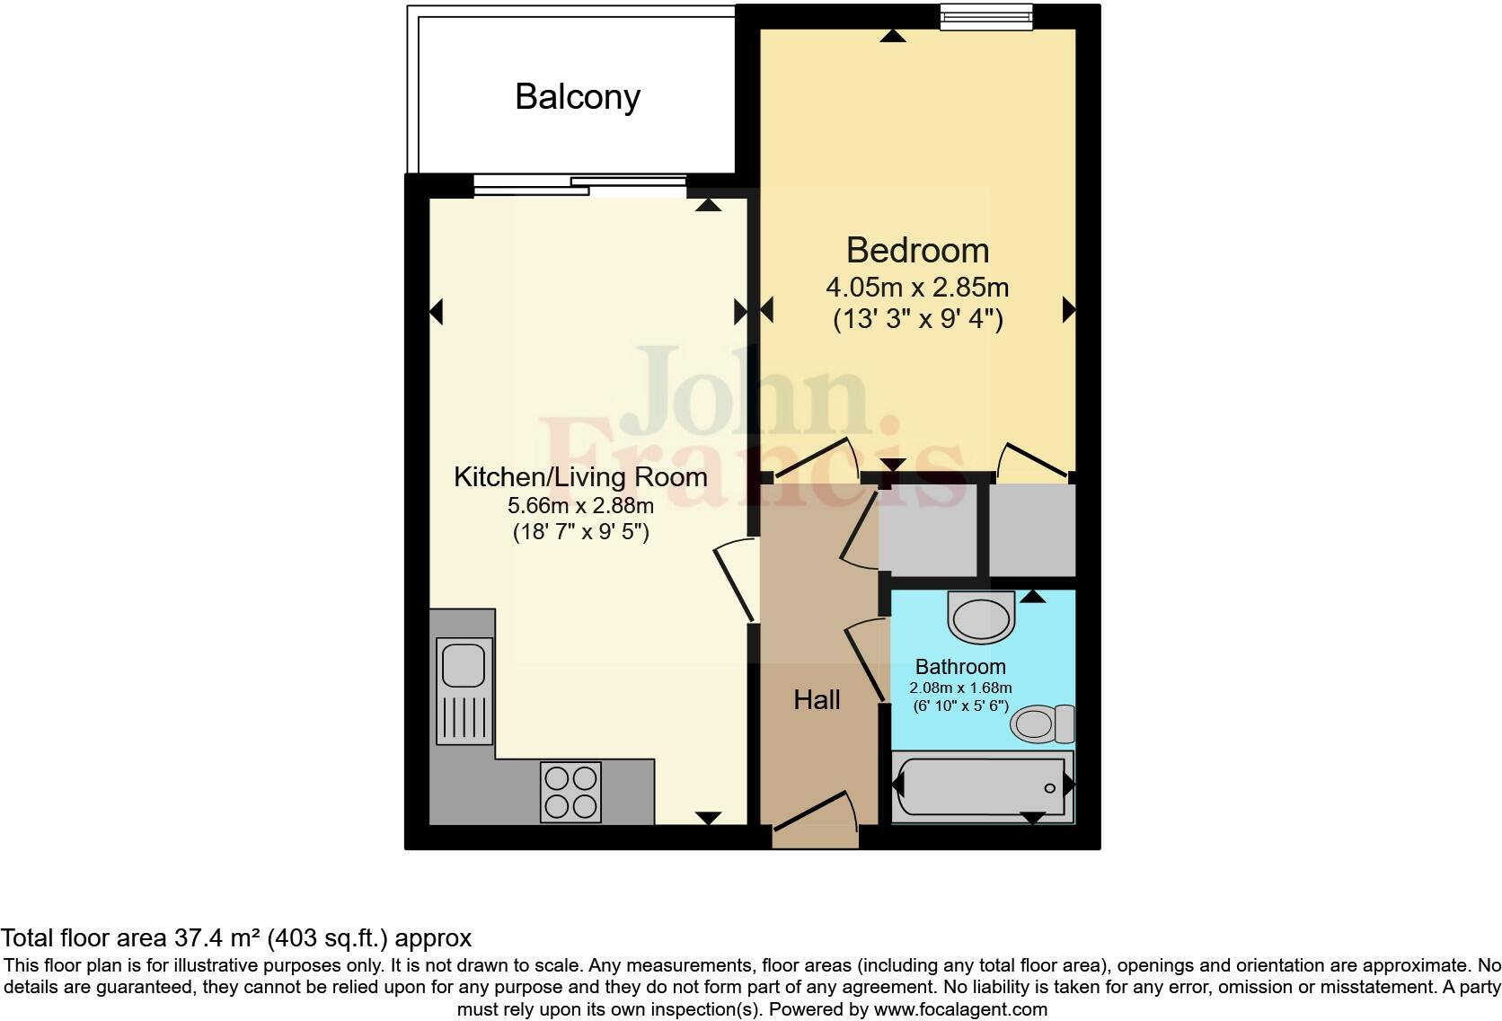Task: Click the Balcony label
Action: pos(577,96)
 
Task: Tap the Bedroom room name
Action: pos(917,250)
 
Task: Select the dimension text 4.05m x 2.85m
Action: pos(917,288)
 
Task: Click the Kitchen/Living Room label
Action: pos(580,476)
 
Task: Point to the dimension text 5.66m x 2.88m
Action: pos(580,505)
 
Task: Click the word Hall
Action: pos(817,700)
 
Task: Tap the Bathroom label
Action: pos(960,667)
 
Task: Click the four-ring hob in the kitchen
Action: pos(570,792)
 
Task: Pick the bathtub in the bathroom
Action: pos(981,787)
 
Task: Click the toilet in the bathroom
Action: pos(1041,724)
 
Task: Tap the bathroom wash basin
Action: pos(981,617)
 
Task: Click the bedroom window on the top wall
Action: pos(985,16)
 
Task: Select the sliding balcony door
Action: pos(579,185)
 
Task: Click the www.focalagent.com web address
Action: pos(959,1009)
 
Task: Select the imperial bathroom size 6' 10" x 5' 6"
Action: pos(960,706)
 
